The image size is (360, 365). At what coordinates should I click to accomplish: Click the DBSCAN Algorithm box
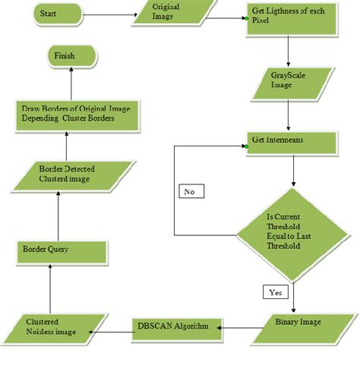click(x=173, y=328)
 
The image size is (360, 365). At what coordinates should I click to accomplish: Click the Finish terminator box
click(x=72, y=55)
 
